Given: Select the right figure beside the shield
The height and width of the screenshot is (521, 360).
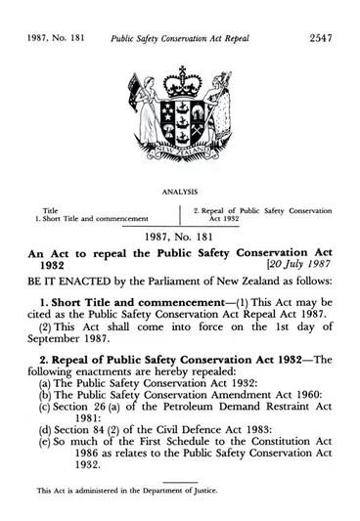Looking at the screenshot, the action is point(216,117).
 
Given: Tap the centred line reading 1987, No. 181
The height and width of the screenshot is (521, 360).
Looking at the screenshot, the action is point(180,235).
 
